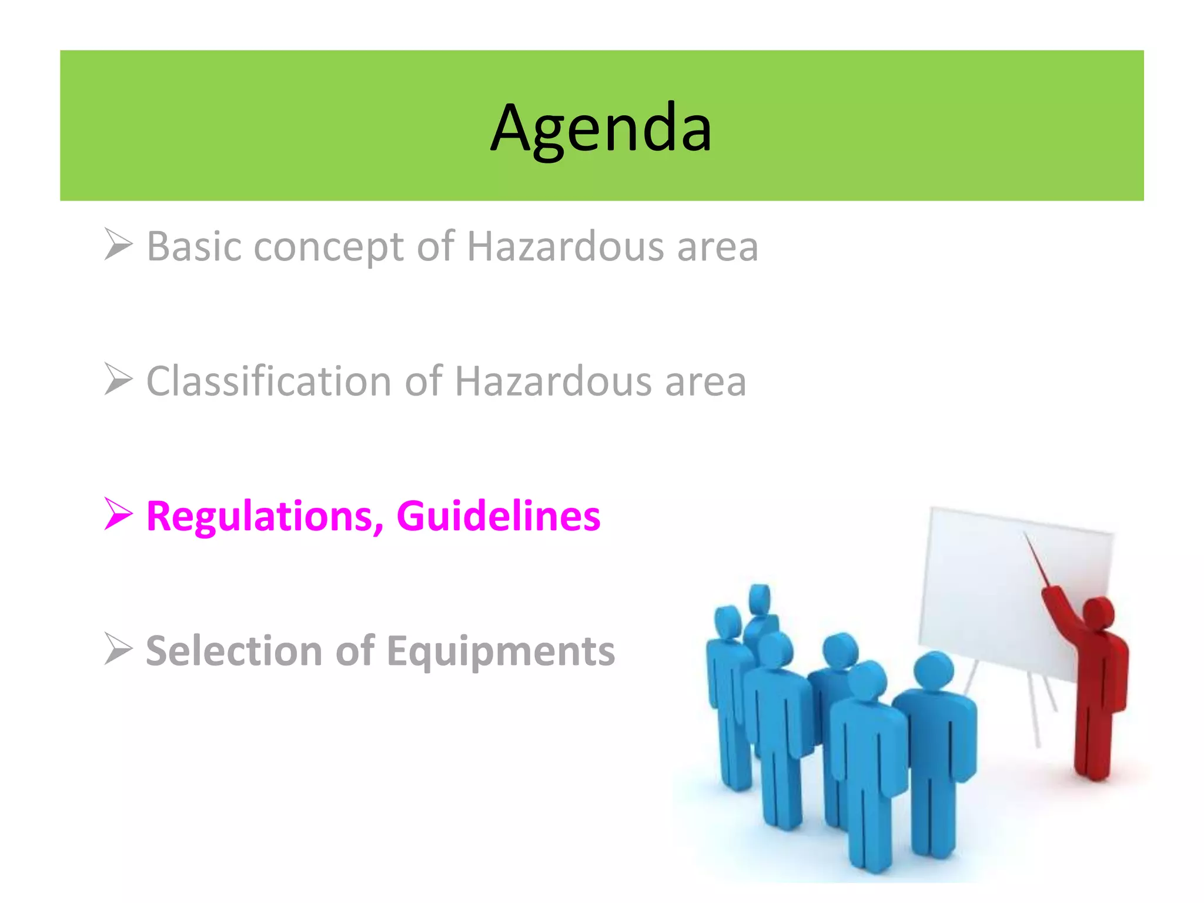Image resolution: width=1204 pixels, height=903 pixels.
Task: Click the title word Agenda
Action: click(601, 128)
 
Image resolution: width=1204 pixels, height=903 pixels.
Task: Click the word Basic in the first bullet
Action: click(193, 246)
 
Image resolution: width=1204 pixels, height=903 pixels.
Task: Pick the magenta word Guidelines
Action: click(499, 516)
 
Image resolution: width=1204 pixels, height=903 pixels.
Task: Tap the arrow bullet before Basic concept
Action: click(118, 244)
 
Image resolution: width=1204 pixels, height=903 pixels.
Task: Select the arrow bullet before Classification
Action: click(118, 379)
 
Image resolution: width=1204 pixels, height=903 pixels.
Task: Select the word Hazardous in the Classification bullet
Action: click(553, 382)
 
